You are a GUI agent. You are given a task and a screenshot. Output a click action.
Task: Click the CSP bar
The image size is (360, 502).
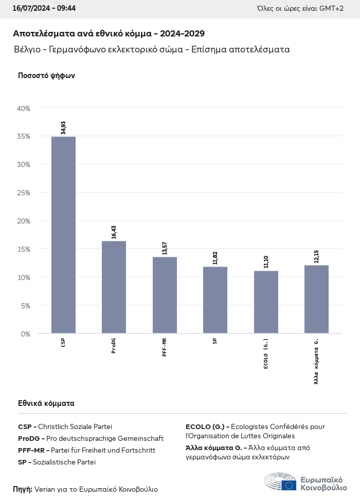pos(63,235)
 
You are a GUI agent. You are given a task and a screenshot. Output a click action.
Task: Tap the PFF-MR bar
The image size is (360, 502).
pos(165,295)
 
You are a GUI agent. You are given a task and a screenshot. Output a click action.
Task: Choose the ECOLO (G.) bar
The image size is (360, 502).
pos(266,302)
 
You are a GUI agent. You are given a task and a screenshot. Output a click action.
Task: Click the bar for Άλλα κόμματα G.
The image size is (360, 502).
pos(316,299)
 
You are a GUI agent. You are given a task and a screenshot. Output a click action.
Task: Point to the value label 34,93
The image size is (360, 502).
pos(63,127)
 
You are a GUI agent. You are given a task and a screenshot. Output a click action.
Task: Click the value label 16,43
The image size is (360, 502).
pos(114,232)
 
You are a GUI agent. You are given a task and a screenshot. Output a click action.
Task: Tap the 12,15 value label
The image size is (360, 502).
pos(317,256)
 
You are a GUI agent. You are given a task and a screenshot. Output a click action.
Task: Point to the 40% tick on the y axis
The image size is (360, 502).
pos(24,108)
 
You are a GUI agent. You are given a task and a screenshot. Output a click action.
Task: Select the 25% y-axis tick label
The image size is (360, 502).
pos(24,193)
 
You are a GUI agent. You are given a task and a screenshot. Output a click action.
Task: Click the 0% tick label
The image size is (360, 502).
pos(26,334)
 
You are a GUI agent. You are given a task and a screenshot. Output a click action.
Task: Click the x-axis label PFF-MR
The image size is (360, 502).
pos(165,348)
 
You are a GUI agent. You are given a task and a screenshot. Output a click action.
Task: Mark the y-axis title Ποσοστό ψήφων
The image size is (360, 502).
pos(46,76)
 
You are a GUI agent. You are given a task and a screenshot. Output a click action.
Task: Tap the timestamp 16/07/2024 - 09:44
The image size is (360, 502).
pos(44,9)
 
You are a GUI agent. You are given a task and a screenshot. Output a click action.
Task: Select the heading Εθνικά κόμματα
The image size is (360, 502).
pos(46,403)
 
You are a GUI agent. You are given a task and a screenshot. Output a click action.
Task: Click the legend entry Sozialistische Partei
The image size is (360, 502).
pos(64,462)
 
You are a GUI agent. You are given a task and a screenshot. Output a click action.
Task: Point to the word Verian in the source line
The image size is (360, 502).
pos(45,489)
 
